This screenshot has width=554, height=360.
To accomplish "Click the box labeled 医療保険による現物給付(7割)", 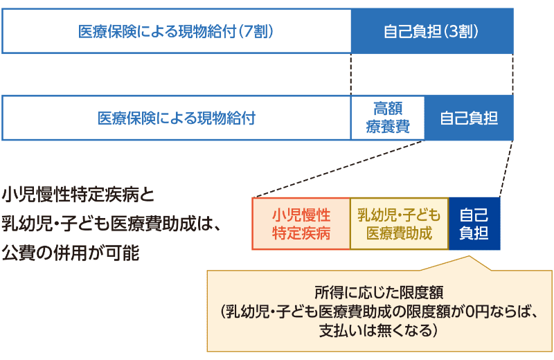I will pyautogui.click(x=176, y=32).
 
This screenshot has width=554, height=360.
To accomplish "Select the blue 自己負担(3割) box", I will pyautogui.click(x=432, y=32).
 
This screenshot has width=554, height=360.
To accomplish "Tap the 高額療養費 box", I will pyautogui.click(x=388, y=118).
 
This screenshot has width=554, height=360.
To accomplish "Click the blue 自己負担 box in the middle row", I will pyautogui.click(x=469, y=118).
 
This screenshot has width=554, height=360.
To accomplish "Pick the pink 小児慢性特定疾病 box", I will pyautogui.click(x=301, y=223).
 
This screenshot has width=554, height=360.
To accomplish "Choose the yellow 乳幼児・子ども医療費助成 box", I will pyautogui.click(x=399, y=223).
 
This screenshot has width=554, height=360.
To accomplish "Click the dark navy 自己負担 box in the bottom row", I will pyautogui.click(x=474, y=223).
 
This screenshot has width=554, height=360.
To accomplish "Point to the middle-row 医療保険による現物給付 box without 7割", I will pyautogui.click(x=176, y=118).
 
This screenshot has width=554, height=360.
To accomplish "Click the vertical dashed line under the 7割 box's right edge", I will pyautogui.click(x=351, y=75).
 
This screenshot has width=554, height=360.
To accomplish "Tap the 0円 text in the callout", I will pyautogui.click(x=455, y=310).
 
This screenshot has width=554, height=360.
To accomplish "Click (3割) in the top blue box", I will pyautogui.click(x=463, y=32).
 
